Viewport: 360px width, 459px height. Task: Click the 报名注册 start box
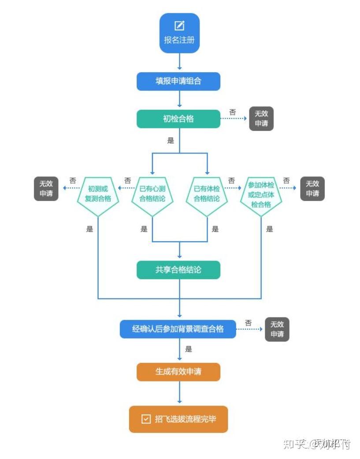click(x=179, y=33)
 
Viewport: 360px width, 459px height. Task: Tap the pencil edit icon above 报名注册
click(x=179, y=26)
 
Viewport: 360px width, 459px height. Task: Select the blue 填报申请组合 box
click(x=178, y=82)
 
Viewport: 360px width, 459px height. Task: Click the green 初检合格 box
click(x=178, y=119)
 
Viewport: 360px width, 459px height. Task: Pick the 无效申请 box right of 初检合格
click(x=261, y=119)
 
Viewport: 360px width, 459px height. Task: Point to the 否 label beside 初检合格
click(x=233, y=112)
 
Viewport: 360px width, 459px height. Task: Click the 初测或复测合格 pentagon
click(x=98, y=194)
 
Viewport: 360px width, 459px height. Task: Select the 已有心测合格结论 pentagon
click(x=152, y=194)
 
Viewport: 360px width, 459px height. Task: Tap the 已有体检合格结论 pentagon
click(x=207, y=194)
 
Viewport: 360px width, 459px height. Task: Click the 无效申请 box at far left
click(x=46, y=189)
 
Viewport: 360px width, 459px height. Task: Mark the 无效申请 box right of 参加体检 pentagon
click(x=312, y=189)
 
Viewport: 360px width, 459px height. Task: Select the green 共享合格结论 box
click(x=178, y=270)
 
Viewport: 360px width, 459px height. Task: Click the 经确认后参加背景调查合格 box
click(x=178, y=329)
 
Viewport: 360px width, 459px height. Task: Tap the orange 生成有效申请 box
click(x=178, y=372)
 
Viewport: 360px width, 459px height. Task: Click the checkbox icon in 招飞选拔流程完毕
click(x=146, y=419)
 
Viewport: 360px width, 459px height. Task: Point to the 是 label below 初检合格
click(x=171, y=141)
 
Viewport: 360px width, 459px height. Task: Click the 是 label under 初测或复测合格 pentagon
click(x=90, y=229)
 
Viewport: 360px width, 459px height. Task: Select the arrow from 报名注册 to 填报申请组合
click(x=179, y=62)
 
